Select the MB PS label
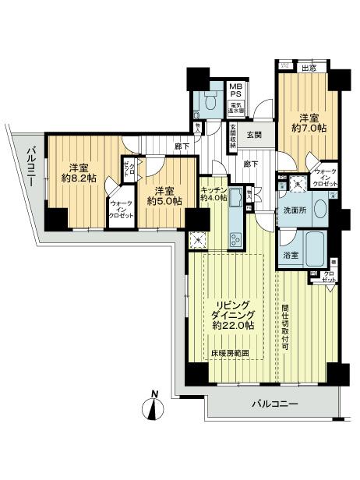coord(233,90)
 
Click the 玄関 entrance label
coord(255,134)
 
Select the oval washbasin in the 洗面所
coord(296,183)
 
